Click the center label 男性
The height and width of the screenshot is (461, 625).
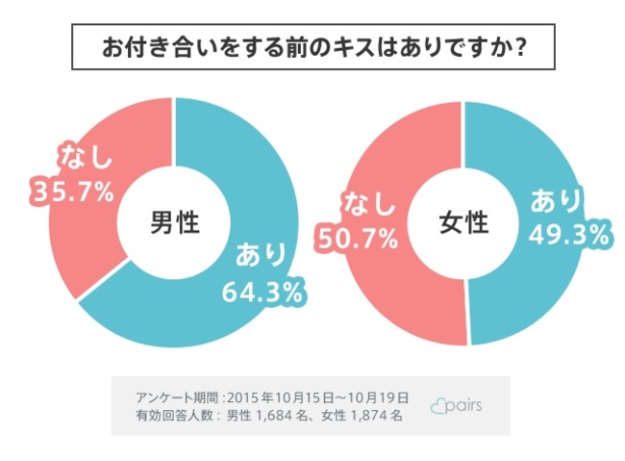(173, 223)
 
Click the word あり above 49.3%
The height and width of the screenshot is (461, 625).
(556, 201)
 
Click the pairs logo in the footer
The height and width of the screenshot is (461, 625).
(458, 405)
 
